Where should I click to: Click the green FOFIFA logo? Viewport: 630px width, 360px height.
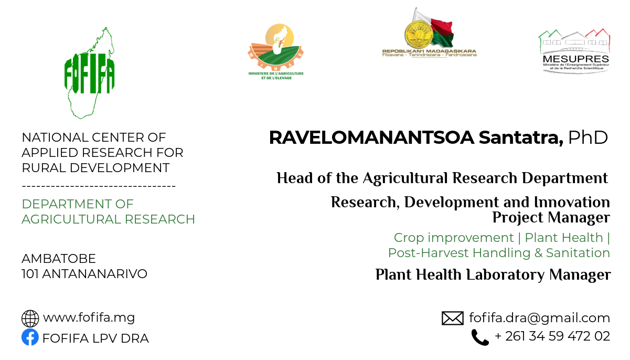(89, 73)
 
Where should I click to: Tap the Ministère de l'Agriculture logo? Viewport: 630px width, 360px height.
(275, 51)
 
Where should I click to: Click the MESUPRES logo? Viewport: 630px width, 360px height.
(574, 51)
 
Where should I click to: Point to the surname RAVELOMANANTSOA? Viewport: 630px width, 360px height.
(371, 137)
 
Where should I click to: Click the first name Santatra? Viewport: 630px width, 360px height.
(521, 137)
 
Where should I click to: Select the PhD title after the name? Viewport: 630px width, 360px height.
(588, 137)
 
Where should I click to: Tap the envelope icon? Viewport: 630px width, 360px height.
(453, 319)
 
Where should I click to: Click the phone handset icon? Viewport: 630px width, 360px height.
(480, 337)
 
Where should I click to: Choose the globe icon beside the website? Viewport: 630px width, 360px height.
(30, 319)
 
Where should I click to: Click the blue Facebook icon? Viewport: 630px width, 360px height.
(30, 337)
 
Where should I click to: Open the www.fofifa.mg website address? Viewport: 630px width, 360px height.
(89, 318)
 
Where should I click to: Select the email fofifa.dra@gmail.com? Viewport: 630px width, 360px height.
(539, 318)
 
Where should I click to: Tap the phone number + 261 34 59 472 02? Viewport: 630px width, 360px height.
(552, 336)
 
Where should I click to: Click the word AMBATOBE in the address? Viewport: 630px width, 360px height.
(59, 259)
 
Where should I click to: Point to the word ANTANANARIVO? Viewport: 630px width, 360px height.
(94, 274)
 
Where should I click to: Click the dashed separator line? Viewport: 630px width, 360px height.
(99, 186)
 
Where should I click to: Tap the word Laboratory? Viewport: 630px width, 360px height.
(505, 274)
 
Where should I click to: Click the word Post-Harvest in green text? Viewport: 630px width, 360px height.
(429, 253)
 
